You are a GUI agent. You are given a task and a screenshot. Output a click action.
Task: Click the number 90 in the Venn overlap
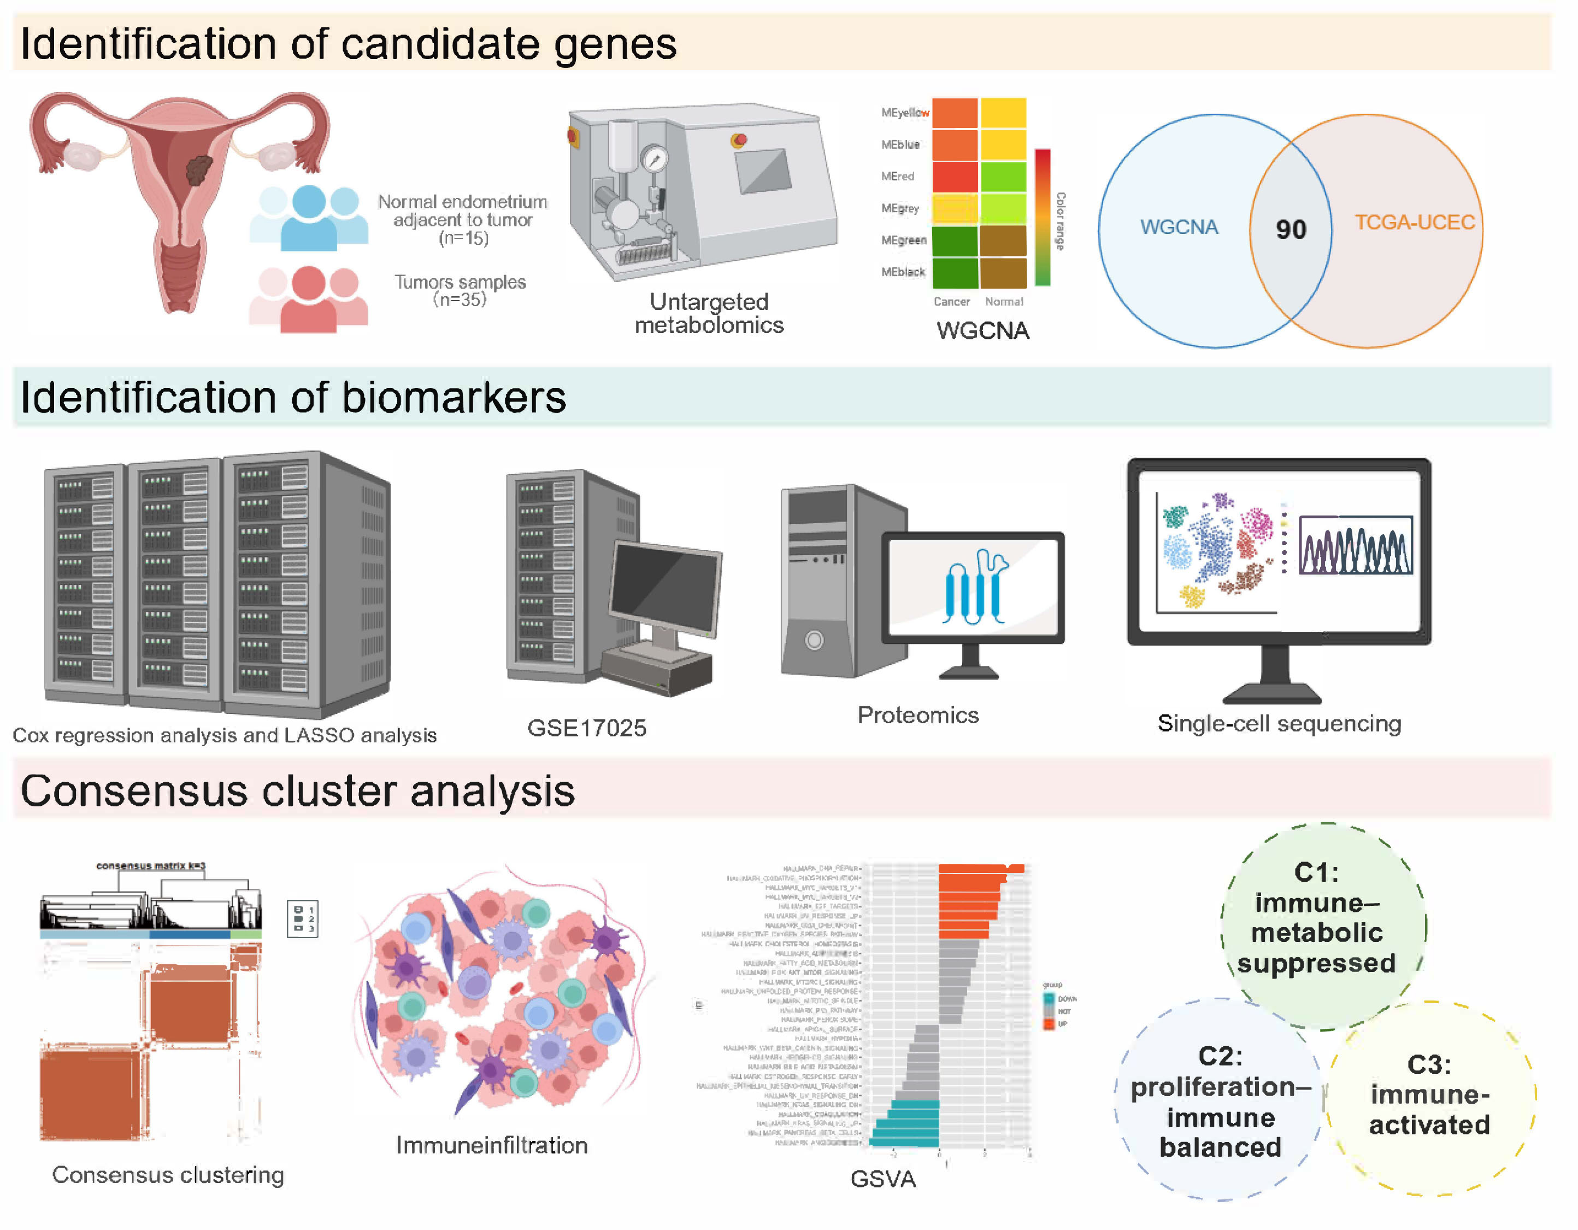point(1291,230)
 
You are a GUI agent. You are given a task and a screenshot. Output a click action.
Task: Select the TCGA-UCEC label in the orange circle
point(1414,222)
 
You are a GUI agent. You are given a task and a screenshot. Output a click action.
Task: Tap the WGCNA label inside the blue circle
point(1179,227)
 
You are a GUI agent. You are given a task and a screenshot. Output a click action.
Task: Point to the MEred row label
point(897,177)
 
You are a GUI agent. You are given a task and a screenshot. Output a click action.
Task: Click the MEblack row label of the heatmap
point(903,272)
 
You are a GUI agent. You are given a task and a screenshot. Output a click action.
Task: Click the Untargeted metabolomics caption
point(709,313)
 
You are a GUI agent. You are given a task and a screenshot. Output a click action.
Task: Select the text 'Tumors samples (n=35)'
point(460,290)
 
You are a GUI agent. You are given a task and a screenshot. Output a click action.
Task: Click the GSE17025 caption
point(587,728)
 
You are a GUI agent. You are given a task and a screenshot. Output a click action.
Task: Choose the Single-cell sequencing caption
point(1279,723)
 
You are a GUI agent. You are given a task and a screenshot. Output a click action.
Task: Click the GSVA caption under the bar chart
point(883,1179)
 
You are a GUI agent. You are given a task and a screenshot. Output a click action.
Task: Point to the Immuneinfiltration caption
point(491,1145)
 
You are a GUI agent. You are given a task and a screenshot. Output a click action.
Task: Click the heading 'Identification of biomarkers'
point(293,397)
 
